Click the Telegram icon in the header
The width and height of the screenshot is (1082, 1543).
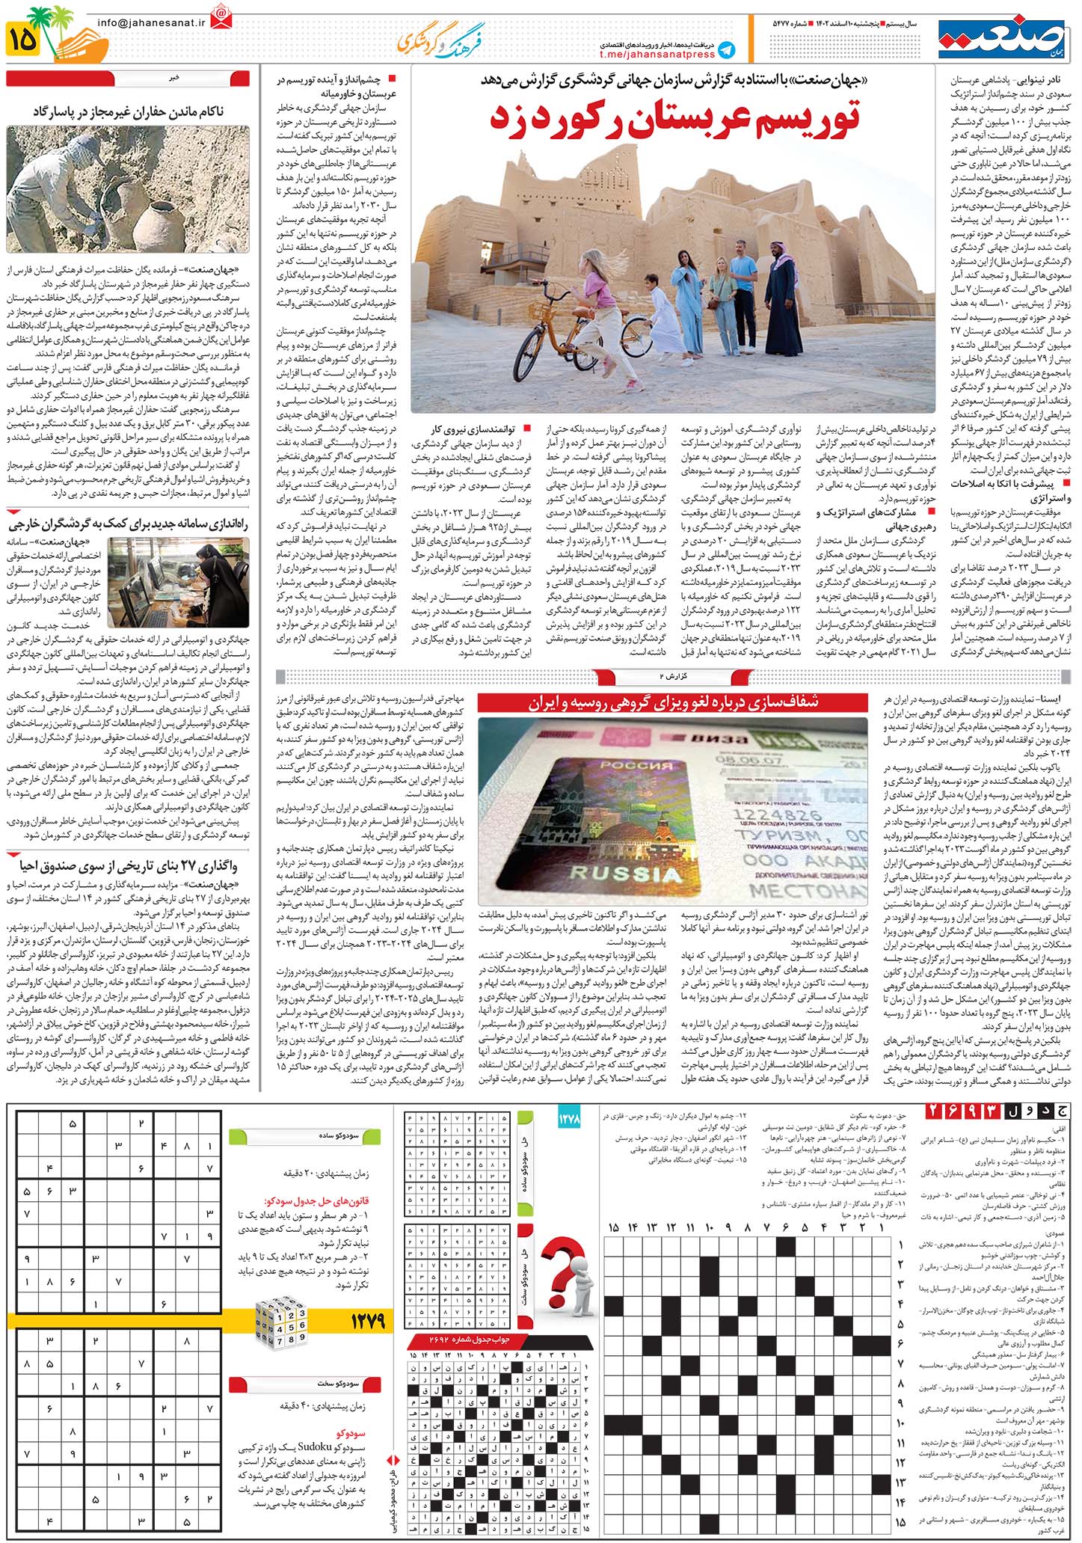click(725, 50)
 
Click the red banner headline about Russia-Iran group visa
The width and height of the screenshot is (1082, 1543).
click(674, 702)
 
